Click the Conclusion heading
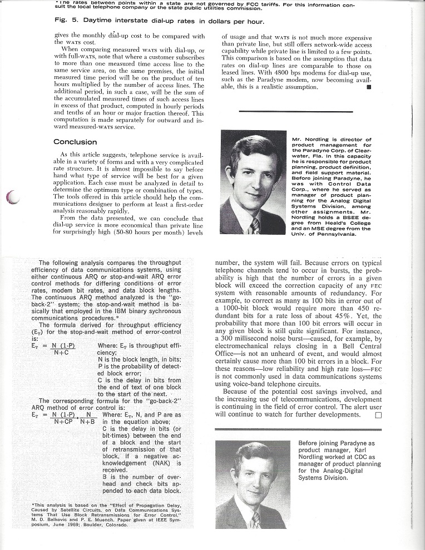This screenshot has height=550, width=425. [75, 142]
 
